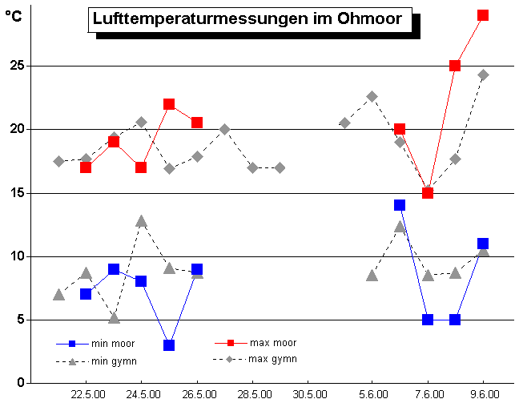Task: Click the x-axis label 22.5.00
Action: [86, 395]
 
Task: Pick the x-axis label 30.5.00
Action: [309, 395]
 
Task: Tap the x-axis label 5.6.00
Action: [373, 395]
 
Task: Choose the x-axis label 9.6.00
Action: [485, 395]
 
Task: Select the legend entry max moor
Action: [272, 343]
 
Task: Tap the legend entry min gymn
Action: [111, 361]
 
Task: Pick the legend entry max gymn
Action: [272, 359]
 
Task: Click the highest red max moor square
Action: [483, 15]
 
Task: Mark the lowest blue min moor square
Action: [169, 345]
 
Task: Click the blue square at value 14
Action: [400, 205]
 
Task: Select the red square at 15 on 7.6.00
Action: [428, 192]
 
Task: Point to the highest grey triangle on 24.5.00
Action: [141, 220]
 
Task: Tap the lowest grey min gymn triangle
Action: [114, 317]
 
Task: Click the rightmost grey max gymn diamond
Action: [483, 75]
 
